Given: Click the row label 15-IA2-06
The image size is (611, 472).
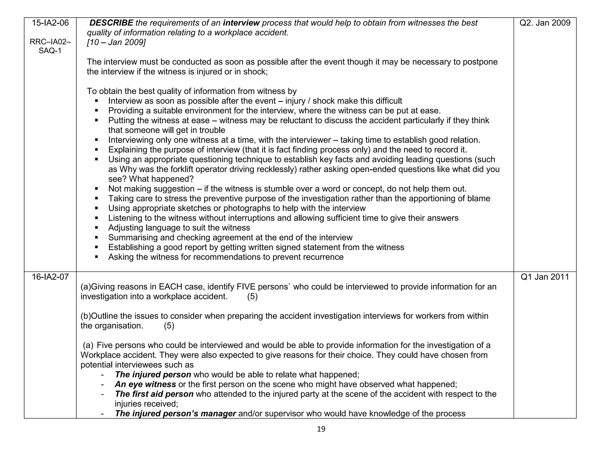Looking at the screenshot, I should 50,23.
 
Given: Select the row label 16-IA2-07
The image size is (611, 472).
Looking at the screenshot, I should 50,277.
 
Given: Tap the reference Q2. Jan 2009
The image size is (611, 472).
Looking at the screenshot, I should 545,23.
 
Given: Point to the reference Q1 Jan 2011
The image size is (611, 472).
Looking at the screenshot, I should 545,277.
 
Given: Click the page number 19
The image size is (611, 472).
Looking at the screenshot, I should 321,429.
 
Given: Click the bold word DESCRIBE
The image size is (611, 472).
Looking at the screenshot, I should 111,23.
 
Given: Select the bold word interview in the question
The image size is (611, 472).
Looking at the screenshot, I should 241,23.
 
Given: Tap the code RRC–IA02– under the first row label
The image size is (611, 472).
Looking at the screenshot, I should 50,42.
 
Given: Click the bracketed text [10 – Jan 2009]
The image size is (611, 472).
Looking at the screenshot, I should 116,42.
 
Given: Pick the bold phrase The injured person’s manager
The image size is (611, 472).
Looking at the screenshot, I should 175,414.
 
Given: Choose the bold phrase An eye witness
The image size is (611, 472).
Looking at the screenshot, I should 145,384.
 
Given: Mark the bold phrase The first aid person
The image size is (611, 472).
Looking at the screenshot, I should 154,394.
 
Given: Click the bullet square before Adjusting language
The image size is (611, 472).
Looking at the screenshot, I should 96,228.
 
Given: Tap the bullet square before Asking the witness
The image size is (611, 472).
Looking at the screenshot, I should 96,257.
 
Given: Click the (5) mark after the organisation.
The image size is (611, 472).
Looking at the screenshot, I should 169,326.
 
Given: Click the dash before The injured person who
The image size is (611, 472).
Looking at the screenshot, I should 102,375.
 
